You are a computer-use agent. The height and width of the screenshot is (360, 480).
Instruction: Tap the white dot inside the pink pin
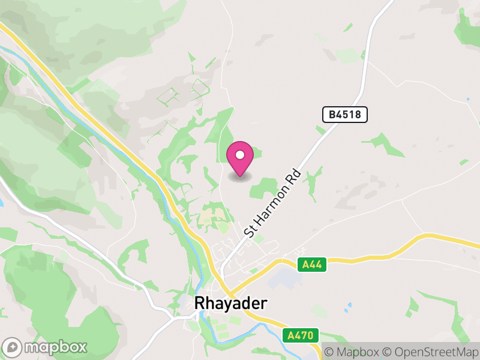pyautogui.click(x=240, y=155)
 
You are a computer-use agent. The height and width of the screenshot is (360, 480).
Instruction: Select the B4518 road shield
pyautogui.click(x=344, y=115)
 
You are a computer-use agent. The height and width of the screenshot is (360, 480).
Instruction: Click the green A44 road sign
pyautogui.click(x=312, y=264)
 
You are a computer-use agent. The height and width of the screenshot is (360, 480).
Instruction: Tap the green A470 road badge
pyautogui.click(x=300, y=335)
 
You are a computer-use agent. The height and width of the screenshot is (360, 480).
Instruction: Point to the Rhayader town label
pyautogui.click(x=230, y=303)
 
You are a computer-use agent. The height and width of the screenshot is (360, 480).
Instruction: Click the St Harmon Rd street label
pyautogui.click(x=272, y=203)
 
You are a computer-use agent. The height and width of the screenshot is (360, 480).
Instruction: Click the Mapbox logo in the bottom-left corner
pyautogui.click(x=46, y=347)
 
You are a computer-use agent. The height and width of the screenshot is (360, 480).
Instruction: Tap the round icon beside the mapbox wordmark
pyautogui.click(x=13, y=347)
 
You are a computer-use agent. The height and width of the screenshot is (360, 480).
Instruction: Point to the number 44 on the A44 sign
pyautogui.click(x=316, y=264)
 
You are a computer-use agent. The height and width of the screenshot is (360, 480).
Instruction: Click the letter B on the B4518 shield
pyautogui.click(x=331, y=115)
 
